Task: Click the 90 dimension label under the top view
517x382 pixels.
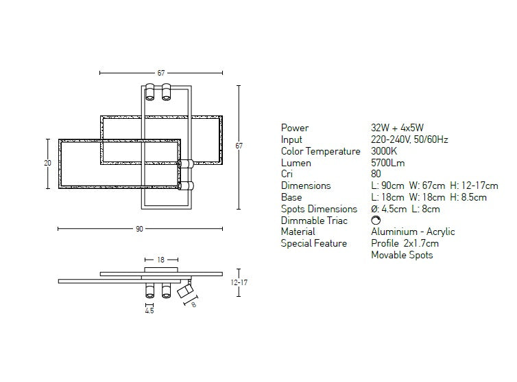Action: coord(139,229)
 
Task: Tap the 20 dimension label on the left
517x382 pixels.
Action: coord(47,163)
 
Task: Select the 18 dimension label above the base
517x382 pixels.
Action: coord(160,260)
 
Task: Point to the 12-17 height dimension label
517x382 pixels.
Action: coord(239,282)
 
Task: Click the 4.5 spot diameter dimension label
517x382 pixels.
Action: coord(149,311)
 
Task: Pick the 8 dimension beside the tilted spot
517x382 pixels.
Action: coord(193,304)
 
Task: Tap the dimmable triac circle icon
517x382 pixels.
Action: coord(376,220)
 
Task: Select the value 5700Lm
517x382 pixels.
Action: coord(388,163)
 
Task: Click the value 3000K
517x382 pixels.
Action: coord(384,151)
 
